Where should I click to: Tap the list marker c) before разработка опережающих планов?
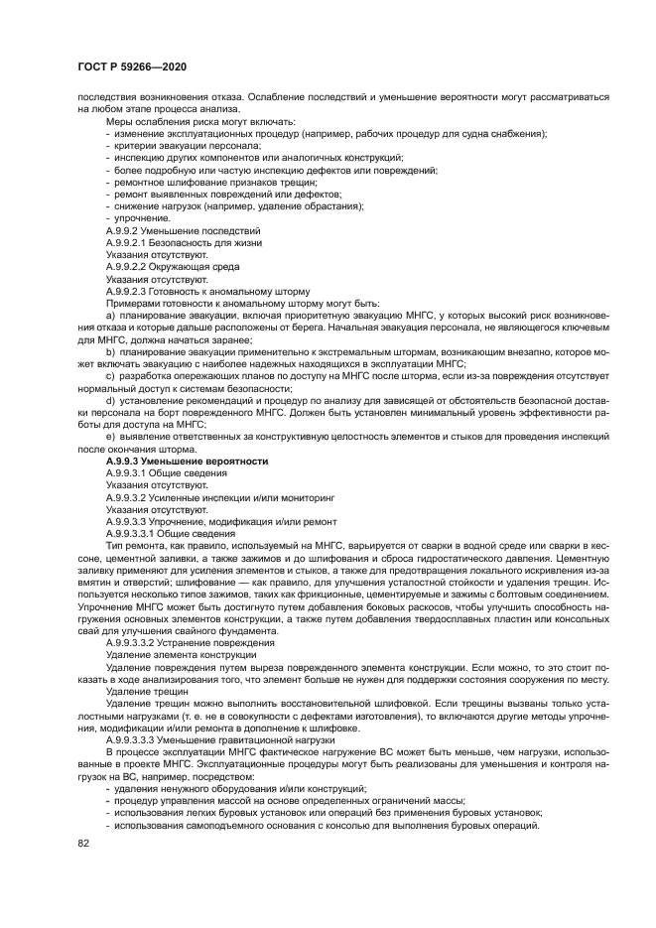tap(110, 376)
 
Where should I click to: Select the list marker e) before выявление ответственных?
tap(110, 438)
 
